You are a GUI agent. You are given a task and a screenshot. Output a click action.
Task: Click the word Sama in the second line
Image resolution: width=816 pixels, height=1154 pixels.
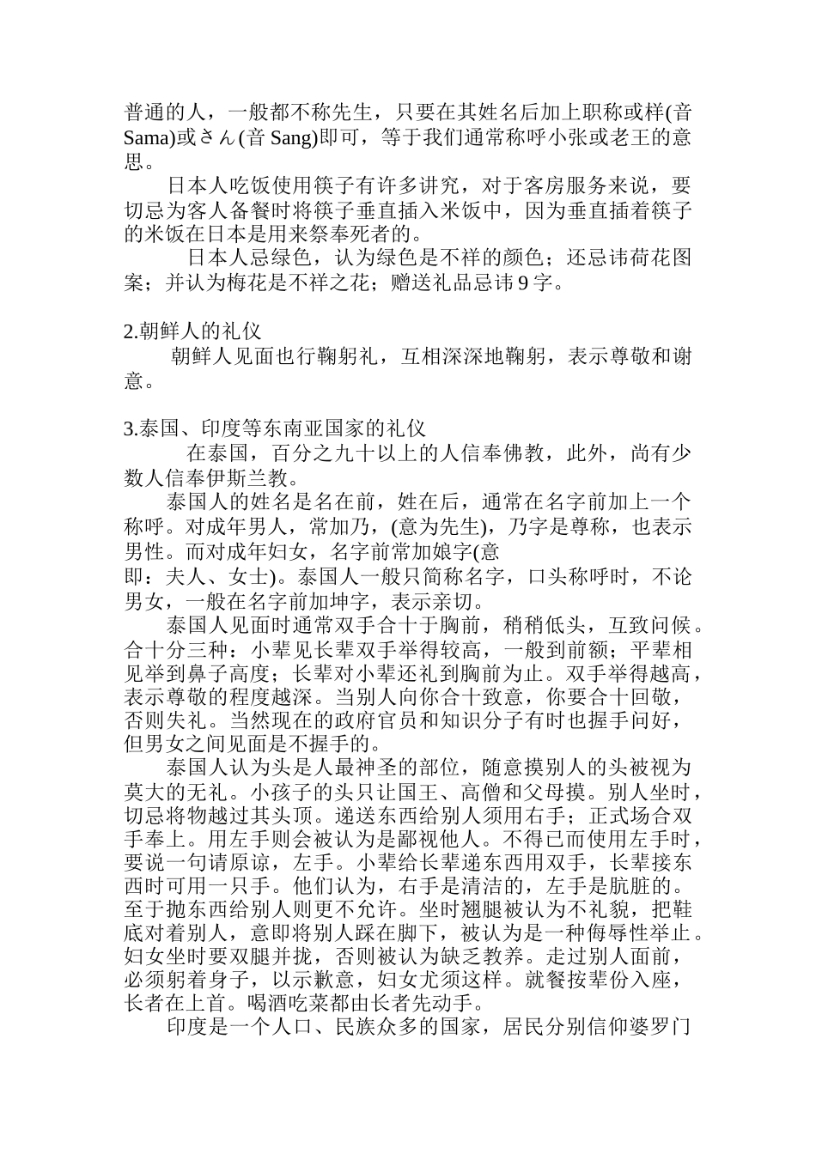click(147, 137)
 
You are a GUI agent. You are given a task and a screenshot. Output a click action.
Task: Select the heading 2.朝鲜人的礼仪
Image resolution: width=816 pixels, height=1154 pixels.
click(192, 331)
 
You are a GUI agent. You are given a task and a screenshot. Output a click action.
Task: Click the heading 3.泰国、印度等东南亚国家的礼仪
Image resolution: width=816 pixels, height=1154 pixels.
click(275, 428)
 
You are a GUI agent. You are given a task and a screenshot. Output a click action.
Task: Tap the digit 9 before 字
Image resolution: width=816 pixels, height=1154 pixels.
click(523, 282)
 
